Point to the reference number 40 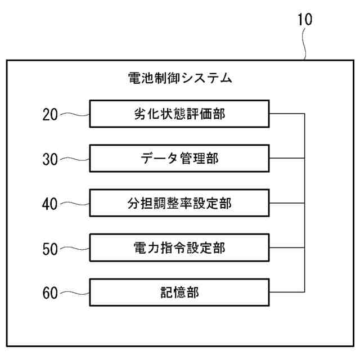[51, 204]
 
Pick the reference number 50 [51, 248]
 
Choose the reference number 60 [51, 292]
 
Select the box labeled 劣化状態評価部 [179, 114]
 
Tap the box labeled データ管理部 [179, 159]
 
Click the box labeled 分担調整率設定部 [179, 203]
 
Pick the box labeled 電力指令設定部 [179, 247]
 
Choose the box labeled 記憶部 [179, 292]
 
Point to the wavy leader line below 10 [305, 45]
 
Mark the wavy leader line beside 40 [74, 204]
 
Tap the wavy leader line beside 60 [74, 292]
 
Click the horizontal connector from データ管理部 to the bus [287, 159]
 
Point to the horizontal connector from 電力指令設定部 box [287, 247]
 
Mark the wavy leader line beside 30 [74, 159]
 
